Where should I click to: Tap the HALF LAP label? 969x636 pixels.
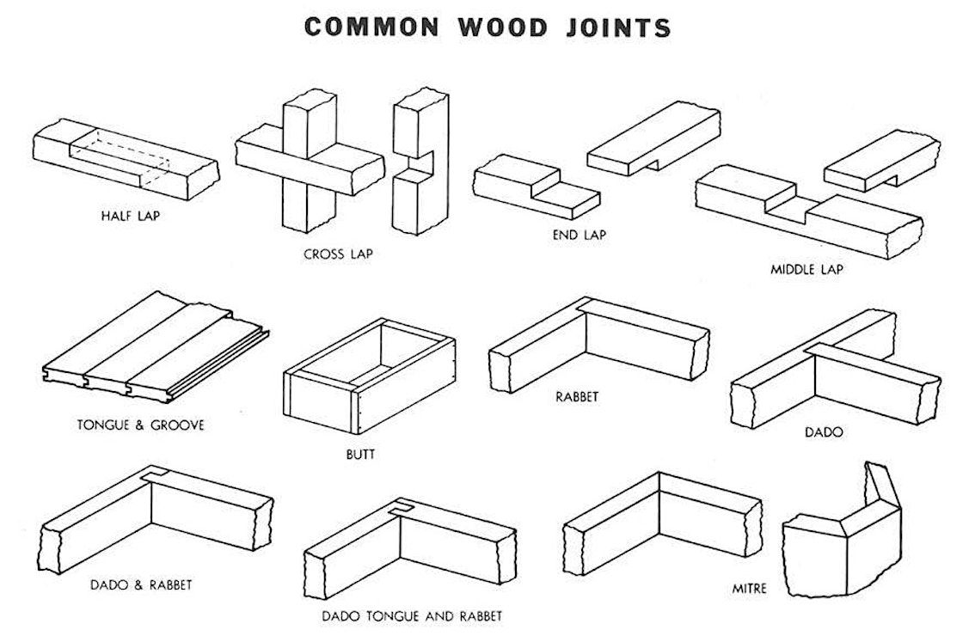pyautogui.click(x=131, y=215)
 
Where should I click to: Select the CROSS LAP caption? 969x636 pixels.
pyautogui.click(x=338, y=254)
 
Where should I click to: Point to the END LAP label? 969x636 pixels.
pyautogui.click(x=578, y=234)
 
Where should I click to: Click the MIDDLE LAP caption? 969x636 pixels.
pyautogui.click(x=806, y=269)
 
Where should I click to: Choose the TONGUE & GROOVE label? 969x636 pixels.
pyautogui.click(x=140, y=425)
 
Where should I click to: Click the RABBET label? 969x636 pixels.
pyautogui.click(x=577, y=397)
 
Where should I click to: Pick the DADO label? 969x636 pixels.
pyautogui.click(x=824, y=432)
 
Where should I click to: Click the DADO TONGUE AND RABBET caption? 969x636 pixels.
pyautogui.click(x=412, y=616)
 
